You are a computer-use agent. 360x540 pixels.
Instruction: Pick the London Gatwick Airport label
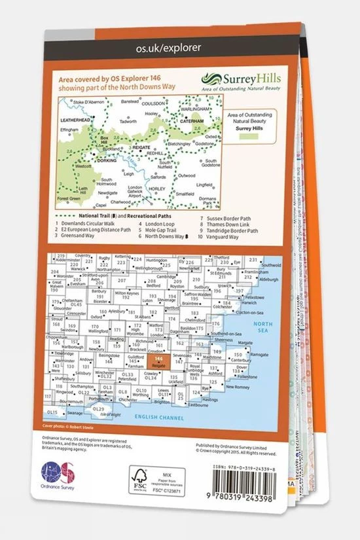pyautogui.click(x=135, y=191)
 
